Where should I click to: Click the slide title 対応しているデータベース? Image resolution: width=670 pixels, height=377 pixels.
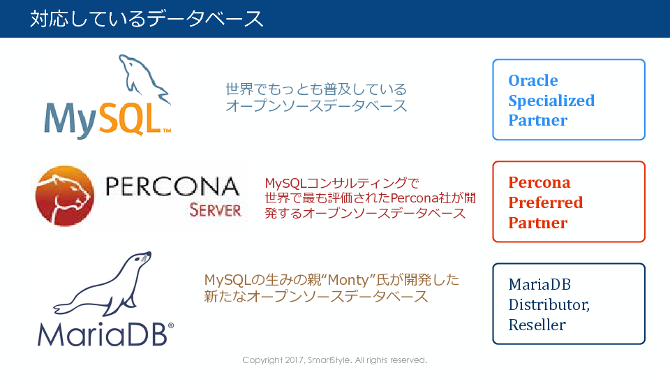pyautogui.click(x=147, y=19)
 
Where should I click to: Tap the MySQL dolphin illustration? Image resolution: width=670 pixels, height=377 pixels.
pyautogui.click(x=144, y=78)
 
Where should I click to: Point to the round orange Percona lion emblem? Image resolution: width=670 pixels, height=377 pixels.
pyautogui.click(x=64, y=195)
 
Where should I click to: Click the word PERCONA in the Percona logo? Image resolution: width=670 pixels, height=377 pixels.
pyautogui.click(x=172, y=186)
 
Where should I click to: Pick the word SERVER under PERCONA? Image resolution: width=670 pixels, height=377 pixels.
pyautogui.click(x=216, y=210)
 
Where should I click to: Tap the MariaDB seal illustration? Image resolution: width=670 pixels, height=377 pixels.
pyautogui.click(x=103, y=284)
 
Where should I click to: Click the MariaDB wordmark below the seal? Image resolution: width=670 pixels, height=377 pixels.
pyautogui.click(x=103, y=334)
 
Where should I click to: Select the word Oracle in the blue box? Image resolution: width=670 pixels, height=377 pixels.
pyautogui.click(x=533, y=80)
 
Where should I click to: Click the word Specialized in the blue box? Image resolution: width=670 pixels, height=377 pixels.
pyautogui.click(x=551, y=101)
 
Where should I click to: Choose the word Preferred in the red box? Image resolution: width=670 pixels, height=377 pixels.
pyautogui.click(x=545, y=202)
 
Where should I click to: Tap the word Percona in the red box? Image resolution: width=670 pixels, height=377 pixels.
pyautogui.click(x=539, y=182)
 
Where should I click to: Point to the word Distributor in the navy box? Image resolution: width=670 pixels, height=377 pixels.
pyautogui.click(x=549, y=305)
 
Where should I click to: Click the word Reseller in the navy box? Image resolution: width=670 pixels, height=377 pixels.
pyautogui.click(x=537, y=325)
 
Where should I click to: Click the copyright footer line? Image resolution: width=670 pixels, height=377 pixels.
pyautogui.click(x=334, y=360)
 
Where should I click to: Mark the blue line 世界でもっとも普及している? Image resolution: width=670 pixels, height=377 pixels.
pyautogui.click(x=316, y=89)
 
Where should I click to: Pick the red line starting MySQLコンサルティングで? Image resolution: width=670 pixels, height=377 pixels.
pyautogui.click(x=342, y=184)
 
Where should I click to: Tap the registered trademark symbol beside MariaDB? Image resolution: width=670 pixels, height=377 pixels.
pyautogui.click(x=171, y=326)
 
